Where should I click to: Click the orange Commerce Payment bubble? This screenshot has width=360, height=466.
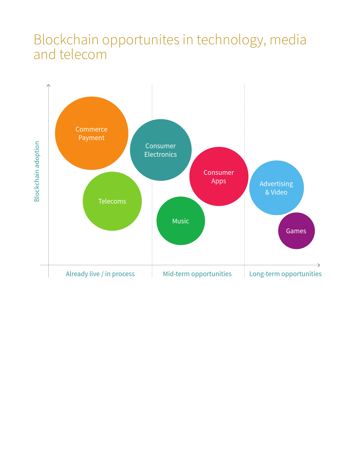click(91, 133)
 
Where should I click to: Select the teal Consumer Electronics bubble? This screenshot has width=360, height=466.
click(161, 150)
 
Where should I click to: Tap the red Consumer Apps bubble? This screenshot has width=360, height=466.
click(219, 176)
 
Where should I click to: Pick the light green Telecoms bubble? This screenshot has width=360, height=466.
click(112, 201)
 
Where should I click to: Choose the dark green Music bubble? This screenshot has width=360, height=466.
click(180, 221)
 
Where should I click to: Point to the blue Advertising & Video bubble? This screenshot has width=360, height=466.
click(276, 188)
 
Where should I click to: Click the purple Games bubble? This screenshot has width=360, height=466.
click(296, 231)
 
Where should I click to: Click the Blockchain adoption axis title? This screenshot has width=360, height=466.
click(37, 171)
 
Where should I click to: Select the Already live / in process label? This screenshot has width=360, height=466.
click(100, 274)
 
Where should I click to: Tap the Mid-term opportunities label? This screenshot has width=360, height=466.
click(197, 274)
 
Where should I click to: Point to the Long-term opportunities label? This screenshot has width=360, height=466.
click(285, 274)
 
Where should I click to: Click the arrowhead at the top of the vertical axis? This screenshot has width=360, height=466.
click(49, 85)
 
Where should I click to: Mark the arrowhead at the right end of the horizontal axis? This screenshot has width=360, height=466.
click(320, 265)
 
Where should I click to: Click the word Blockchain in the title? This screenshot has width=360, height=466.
click(66, 40)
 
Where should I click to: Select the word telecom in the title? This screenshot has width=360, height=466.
click(83, 55)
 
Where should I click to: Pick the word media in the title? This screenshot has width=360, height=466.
click(288, 40)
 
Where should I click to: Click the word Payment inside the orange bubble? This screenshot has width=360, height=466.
click(91, 138)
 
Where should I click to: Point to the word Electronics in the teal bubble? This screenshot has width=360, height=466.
click(161, 154)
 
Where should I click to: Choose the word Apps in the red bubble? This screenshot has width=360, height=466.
click(219, 181)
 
